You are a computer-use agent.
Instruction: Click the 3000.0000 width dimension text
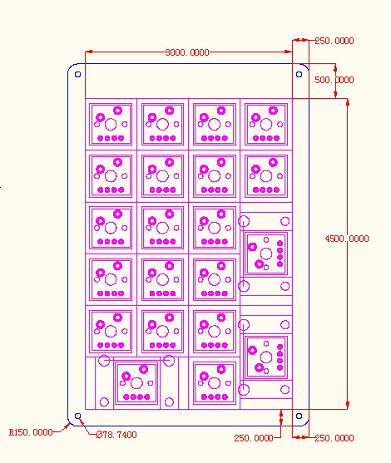187,52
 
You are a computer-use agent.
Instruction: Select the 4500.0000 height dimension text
347,239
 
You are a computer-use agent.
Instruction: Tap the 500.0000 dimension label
334,80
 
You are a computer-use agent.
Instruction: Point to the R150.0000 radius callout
31,432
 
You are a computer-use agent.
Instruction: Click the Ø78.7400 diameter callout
116,435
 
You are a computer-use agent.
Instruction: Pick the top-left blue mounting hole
77,75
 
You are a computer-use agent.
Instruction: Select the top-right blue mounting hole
299,75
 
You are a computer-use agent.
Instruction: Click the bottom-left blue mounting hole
77,416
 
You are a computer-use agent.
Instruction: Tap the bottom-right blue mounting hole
299,416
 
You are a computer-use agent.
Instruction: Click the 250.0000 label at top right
334,41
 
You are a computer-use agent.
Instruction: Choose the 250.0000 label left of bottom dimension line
254,438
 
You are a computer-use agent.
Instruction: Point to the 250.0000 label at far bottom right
334,438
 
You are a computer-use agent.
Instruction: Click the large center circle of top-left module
111,125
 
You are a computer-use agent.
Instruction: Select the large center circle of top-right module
266,125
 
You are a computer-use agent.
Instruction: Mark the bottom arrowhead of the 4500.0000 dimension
348,405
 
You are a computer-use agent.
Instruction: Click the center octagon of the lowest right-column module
266,357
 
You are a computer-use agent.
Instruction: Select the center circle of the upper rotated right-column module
266,254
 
